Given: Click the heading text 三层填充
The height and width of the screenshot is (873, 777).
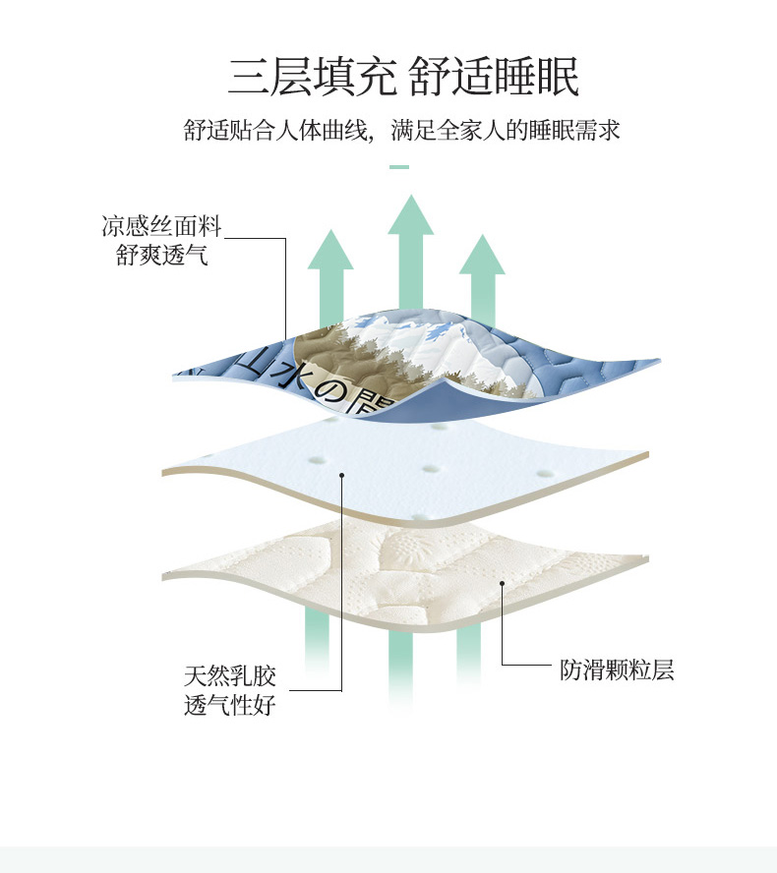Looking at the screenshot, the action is point(313,77).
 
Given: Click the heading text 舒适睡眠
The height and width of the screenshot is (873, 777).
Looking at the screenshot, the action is point(495,77).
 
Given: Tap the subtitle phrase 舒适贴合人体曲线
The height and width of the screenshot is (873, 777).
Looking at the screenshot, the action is point(275,131).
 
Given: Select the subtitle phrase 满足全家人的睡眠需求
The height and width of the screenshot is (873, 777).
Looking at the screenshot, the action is point(506,131).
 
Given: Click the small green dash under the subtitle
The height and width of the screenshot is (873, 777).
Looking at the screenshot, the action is point(399,166).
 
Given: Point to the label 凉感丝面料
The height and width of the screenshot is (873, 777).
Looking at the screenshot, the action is point(161,226).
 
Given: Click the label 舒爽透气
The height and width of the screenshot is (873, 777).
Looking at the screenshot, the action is point(161,255).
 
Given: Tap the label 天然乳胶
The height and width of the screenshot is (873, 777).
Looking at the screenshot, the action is point(230,676).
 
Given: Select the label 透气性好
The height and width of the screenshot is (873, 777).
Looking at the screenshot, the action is point(230,705).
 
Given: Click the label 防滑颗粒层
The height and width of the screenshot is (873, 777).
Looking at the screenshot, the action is point(617,669).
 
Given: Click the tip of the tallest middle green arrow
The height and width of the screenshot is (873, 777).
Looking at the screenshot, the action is point(411,195).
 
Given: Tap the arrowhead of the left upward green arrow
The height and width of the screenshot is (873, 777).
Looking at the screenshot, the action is point(330,249).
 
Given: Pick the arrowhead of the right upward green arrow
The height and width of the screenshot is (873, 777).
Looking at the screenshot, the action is point(482,254).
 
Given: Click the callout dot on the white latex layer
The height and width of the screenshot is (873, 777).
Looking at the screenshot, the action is point(342,475).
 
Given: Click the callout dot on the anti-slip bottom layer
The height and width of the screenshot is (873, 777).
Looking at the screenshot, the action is point(502,584).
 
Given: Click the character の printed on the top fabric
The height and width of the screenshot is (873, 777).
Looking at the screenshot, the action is point(329,391).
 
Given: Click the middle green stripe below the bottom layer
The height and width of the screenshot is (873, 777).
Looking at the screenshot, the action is point(401,669).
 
